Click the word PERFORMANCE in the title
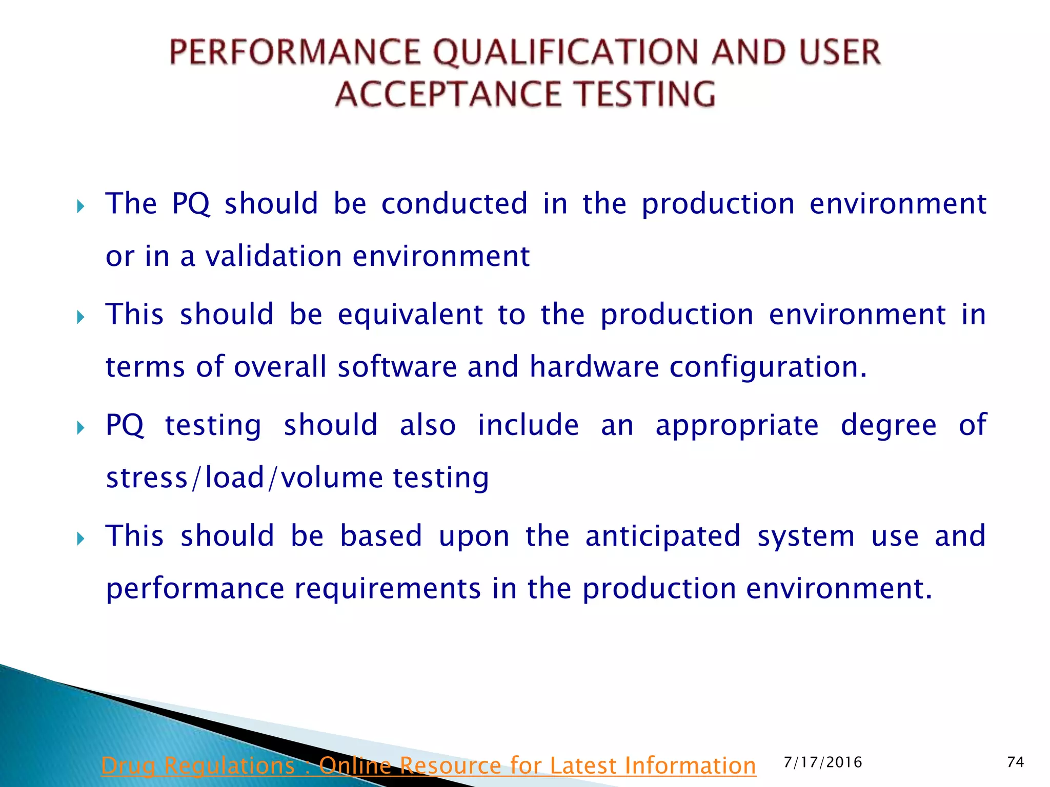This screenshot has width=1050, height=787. point(295,53)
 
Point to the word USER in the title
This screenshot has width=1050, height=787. point(840,53)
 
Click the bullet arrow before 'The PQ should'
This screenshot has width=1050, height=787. point(80,207)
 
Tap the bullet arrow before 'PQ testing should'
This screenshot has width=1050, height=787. point(80,428)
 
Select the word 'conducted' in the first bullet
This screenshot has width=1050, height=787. point(454,203)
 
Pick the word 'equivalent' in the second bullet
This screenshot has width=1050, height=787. point(410,314)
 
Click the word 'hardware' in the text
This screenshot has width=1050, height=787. point(594,367)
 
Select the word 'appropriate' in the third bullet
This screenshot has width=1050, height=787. point(737,426)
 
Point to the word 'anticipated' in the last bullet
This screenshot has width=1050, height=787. point(663,536)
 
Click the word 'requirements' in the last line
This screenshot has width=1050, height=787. point(388,589)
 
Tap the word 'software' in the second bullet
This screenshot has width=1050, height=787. point(397,367)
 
